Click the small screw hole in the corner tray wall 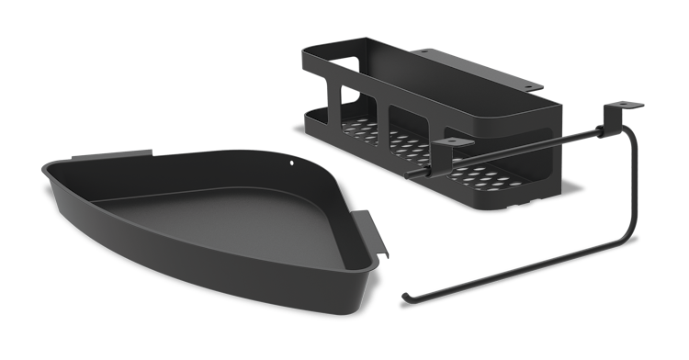[x=293, y=166]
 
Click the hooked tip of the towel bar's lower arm [x=406, y=297]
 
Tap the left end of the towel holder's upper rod [x=425, y=172]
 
